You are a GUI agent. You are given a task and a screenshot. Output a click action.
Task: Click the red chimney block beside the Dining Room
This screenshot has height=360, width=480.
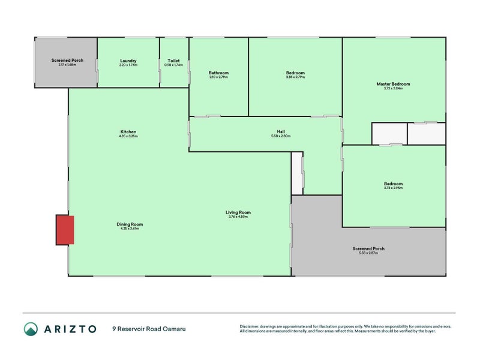pos(65,230)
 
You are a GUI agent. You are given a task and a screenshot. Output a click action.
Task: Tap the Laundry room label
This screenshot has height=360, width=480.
pos(128,61)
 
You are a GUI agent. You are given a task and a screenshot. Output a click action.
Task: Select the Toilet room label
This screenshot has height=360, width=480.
pos(174,61)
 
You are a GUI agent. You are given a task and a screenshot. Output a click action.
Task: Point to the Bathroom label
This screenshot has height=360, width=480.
pos(219,73)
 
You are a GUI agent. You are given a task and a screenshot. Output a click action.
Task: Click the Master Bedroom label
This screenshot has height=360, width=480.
pos(393,84)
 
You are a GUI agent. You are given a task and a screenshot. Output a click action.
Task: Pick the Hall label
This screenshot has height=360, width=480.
pos(281,131)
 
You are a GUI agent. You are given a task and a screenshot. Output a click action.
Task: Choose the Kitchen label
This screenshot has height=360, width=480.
pos(128,131)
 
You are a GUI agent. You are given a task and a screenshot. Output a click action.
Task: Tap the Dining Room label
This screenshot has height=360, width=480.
pos(130,224)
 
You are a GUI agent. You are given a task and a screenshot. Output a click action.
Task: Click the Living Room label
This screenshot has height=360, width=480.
pos(238,212)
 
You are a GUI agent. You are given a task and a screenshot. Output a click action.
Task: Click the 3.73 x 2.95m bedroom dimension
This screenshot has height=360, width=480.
pos(393,188)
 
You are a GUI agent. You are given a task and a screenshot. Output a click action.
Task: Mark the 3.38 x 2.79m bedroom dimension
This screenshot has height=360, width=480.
pos(295,77)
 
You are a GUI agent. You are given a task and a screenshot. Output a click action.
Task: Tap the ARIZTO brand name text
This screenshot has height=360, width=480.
pos(70,329)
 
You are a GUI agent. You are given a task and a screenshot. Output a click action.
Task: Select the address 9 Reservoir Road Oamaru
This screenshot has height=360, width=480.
pos(143,329)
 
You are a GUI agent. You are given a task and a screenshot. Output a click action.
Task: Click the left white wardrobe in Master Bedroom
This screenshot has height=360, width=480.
pos(389,134)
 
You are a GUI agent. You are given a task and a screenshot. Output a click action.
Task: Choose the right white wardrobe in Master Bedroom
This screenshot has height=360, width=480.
pos(427,134)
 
